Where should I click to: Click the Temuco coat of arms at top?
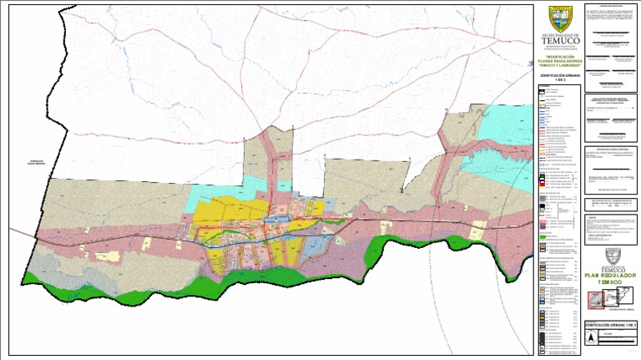point(559,18)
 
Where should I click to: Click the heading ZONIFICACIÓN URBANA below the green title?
point(559,74)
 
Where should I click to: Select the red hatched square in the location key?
point(593,299)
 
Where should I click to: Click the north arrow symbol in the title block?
point(591,338)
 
